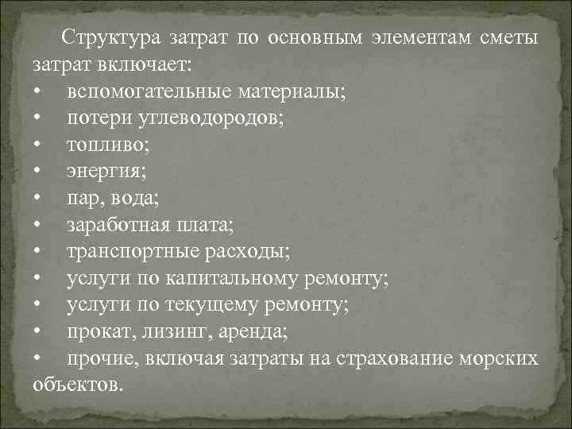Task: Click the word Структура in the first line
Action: (x=112, y=37)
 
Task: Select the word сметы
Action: (x=509, y=37)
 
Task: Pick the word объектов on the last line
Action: (x=78, y=387)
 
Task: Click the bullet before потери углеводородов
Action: (x=37, y=118)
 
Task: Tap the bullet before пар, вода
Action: (x=37, y=199)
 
